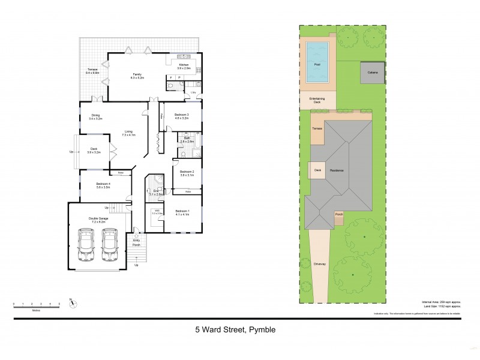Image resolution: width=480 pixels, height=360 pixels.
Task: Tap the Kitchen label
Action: point(184,65)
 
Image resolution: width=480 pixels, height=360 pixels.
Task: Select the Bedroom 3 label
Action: point(181,115)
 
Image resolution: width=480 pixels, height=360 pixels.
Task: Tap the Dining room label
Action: point(95,116)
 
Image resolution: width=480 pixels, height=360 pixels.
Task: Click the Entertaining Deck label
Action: point(316,100)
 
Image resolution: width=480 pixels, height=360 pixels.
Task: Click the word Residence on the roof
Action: point(337,170)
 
